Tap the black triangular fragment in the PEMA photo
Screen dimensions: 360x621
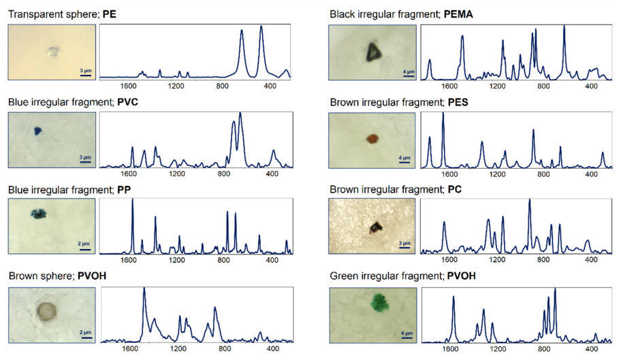372,52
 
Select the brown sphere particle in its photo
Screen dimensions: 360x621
47,312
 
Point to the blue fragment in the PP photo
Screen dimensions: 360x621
37,214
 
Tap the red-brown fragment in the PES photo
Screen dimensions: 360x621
372,138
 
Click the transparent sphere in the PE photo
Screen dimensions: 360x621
52,51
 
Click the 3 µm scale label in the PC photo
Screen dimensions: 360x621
404,242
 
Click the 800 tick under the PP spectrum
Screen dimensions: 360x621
222,261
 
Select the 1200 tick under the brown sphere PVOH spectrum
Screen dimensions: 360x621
178,349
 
